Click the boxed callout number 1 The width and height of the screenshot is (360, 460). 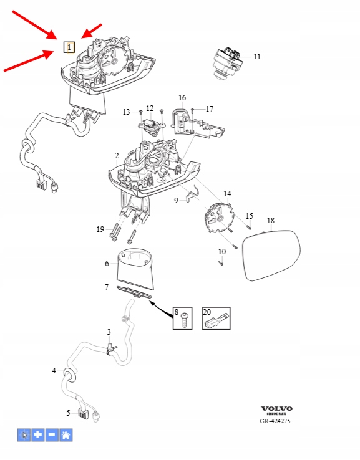click(69, 47)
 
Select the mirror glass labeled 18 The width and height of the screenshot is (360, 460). click(272, 255)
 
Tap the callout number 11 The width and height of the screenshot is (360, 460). click(257, 57)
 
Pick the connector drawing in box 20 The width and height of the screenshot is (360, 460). click(216, 321)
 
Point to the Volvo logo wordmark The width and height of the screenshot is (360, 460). click(276, 409)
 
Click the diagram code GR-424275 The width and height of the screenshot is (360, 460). click(275, 421)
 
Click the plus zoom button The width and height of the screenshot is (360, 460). click(38, 435)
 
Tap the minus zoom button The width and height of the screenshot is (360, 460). click(52, 435)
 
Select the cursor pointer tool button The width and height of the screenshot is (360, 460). click(24, 435)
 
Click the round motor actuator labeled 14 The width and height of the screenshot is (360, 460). click(219, 218)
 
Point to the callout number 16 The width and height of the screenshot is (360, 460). click(182, 97)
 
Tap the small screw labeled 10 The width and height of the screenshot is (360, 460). click(221, 263)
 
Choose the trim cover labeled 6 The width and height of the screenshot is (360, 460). click(135, 269)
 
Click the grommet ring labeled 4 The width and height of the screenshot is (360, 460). click(70, 376)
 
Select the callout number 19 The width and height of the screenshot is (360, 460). click(100, 229)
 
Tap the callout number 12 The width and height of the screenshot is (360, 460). click(150, 108)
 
